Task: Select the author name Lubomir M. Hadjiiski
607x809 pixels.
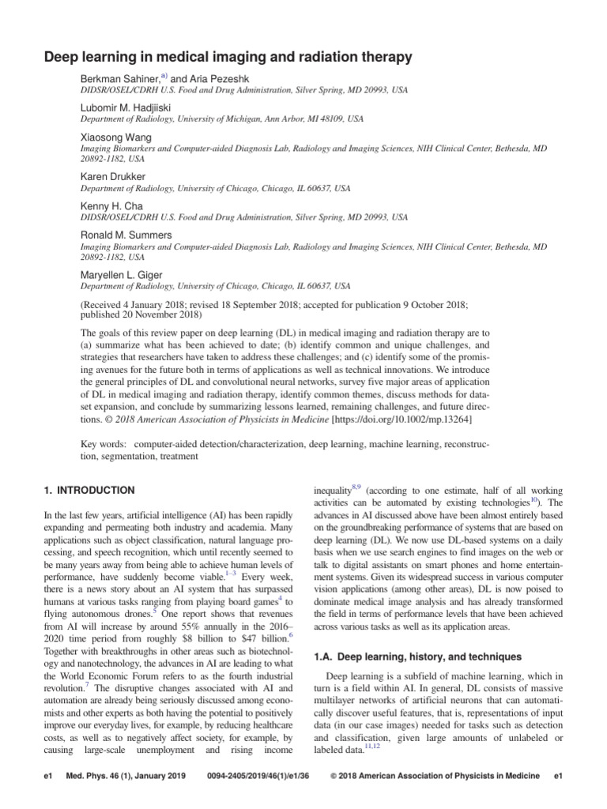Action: [126, 107]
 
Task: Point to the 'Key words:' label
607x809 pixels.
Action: [107, 445]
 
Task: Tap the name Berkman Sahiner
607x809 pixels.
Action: [119, 77]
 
